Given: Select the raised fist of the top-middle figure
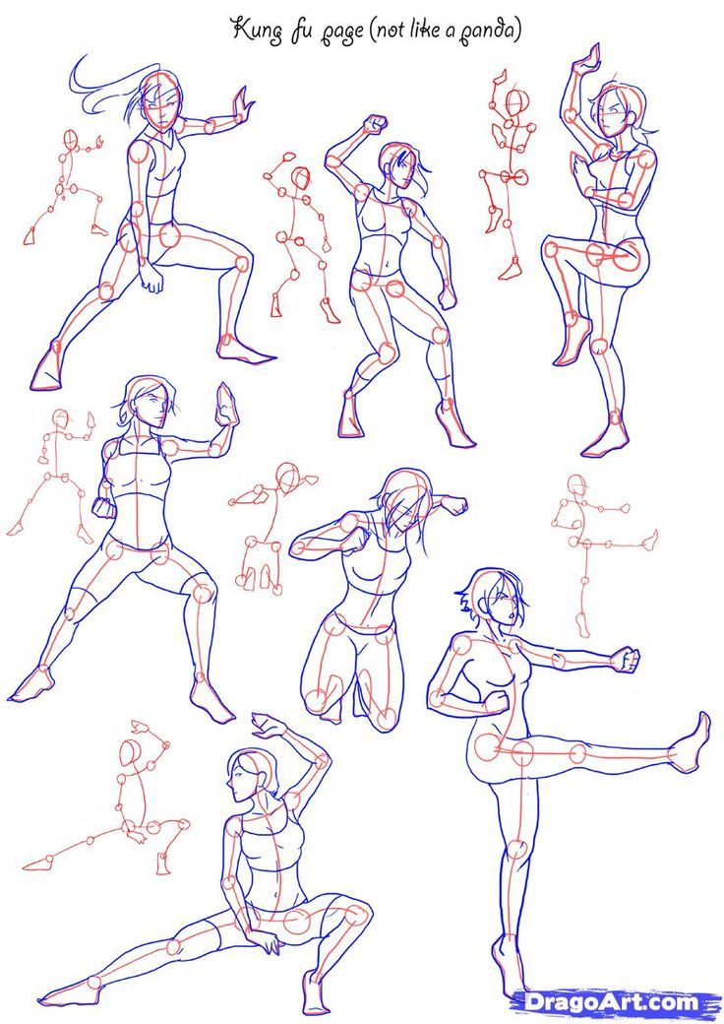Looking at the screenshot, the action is tap(376, 123).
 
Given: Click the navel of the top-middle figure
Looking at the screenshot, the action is tap(387, 265).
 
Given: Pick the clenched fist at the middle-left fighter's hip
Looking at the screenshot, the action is tap(104, 507).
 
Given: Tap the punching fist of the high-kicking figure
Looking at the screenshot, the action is tap(625, 659).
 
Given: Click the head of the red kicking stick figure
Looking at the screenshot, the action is tap(576, 485).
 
